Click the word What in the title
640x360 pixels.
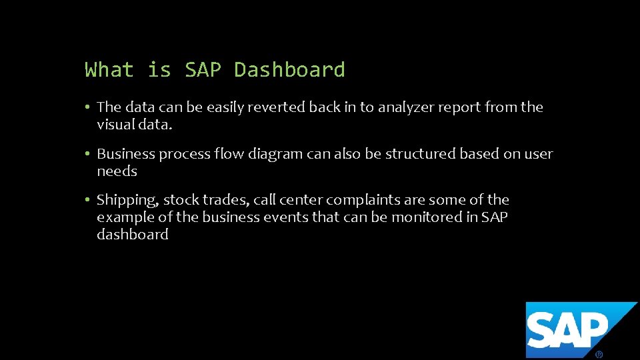tap(109, 69)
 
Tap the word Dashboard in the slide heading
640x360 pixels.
tap(289, 69)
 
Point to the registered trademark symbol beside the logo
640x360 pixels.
tap(599, 355)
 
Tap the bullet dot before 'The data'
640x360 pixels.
tap(87, 107)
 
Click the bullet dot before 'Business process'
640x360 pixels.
tap(87, 154)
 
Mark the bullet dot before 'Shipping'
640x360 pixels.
tap(87, 200)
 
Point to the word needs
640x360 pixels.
tap(117, 171)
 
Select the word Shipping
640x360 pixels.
tap(127, 200)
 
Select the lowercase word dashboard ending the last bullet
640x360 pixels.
tap(132, 235)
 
